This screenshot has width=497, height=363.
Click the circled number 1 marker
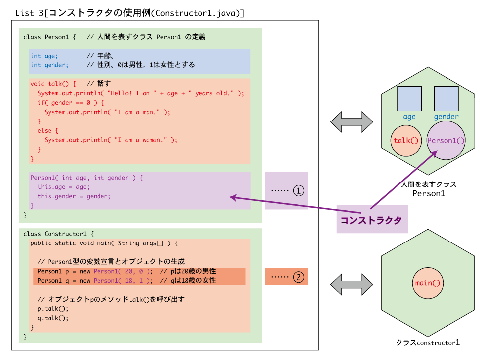(x=298, y=191)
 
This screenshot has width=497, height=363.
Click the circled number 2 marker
(x=298, y=277)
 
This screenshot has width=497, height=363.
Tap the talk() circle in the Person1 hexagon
(x=406, y=141)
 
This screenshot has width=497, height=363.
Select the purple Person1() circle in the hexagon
(x=446, y=140)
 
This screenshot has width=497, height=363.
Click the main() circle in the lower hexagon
(x=428, y=283)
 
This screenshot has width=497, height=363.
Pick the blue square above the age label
(x=409, y=99)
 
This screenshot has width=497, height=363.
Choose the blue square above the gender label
(x=447, y=99)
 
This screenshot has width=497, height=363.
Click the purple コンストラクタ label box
(x=372, y=220)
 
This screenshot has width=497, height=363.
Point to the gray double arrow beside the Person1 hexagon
(x=351, y=122)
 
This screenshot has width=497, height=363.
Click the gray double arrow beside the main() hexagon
(x=351, y=284)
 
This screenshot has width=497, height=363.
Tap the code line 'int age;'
(x=45, y=56)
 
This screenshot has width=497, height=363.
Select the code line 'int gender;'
(x=50, y=65)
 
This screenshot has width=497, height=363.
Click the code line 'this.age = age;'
(x=63, y=187)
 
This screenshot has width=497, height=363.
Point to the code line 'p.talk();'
(x=53, y=308)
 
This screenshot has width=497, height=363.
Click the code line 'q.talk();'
(x=53, y=318)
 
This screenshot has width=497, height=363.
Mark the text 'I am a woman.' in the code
(x=141, y=140)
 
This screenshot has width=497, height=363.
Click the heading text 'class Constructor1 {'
(x=58, y=234)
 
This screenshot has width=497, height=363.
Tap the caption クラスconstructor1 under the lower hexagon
(x=428, y=342)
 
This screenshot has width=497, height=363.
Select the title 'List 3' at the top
(x=30, y=13)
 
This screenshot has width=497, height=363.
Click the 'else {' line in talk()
(x=48, y=131)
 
